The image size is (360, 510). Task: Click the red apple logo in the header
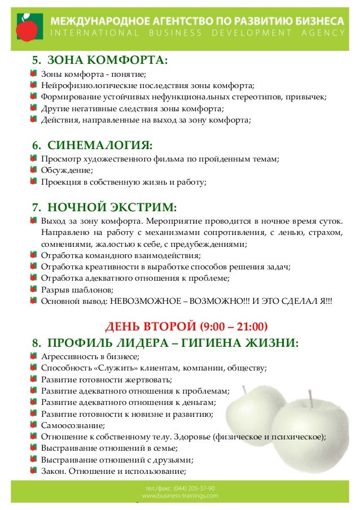(x=25, y=25)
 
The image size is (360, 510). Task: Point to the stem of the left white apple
(x=243, y=390)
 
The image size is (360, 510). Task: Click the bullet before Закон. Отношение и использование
(x=34, y=471)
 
